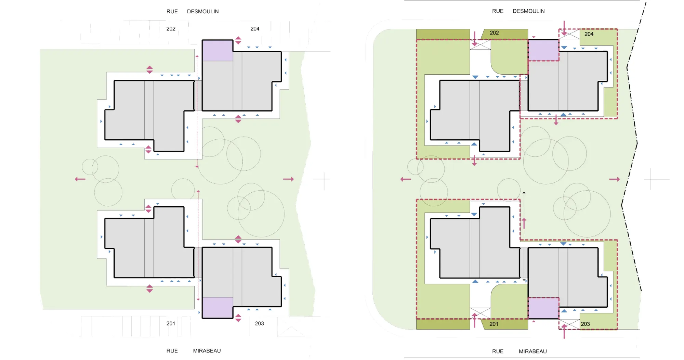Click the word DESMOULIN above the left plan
click(x=203, y=11)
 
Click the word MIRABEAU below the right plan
click(x=532, y=351)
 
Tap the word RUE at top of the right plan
click(x=498, y=11)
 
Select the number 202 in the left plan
click(x=171, y=29)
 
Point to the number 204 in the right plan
click(x=589, y=34)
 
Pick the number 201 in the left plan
click(x=171, y=323)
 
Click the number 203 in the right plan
click(x=585, y=324)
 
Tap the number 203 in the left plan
click(x=259, y=323)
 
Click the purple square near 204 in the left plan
click(x=218, y=51)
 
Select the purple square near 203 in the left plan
click(x=218, y=308)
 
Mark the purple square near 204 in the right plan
click(x=543, y=50)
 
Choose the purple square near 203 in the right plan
click(x=543, y=308)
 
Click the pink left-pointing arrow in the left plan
click(x=80, y=179)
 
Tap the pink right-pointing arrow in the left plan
click(x=288, y=179)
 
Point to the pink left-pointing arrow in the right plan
click(x=406, y=179)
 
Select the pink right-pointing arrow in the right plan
click(x=614, y=179)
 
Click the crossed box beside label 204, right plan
click(x=569, y=34)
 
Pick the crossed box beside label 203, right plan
click(x=569, y=324)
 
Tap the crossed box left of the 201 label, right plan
click(x=480, y=313)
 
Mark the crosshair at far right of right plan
click(x=650, y=179)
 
